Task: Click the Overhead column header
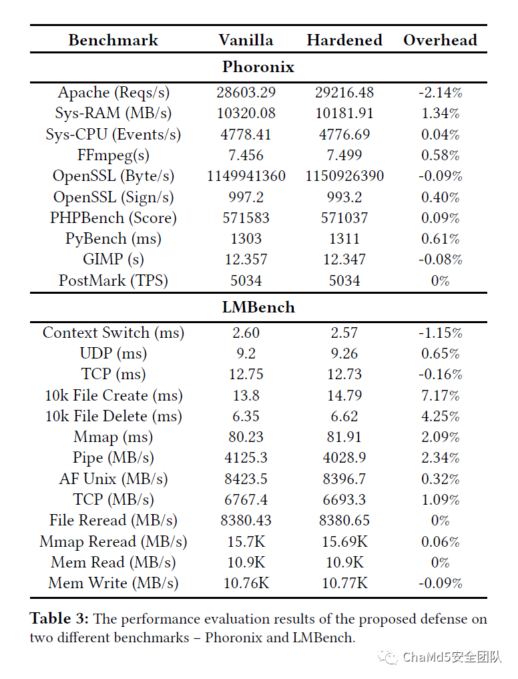pos(440,40)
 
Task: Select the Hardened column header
pos(344,40)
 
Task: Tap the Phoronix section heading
pos(258,67)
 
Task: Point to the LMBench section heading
pos(258,307)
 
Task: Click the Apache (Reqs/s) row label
pos(113,92)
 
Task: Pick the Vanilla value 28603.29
pos(246,92)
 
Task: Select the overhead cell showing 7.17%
pos(440,395)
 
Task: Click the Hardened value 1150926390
pos(344,176)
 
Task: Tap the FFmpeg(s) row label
pos(113,155)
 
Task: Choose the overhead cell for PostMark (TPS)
pos(440,280)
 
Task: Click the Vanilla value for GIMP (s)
pos(246,260)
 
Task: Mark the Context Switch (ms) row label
pos(113,332)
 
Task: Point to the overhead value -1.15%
pos(440,332)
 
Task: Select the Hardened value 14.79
pos(344,395)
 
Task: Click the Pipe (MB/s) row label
pos(113,458)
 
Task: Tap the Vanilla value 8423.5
pos(246,479)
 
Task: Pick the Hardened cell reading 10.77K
pos(344,583)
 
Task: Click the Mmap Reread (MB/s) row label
pos(113,541)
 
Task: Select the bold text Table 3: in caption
pos(60,619)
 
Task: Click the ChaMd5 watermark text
pos(451,658)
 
